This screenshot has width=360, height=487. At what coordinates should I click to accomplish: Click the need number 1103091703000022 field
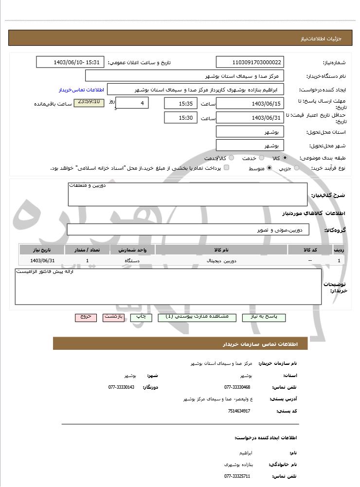tap(250, 62)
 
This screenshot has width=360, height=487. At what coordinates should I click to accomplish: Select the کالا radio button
tap(285, 158)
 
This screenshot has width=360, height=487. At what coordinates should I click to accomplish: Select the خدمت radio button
tap(261, 158)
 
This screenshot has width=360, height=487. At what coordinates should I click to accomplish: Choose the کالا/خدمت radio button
tap(231, 158)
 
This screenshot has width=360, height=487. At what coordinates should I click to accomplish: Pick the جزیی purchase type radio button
tap(297, 168)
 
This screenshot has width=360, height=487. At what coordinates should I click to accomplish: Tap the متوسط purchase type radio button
tap(269, 168)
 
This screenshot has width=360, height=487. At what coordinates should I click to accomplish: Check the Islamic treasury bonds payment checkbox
tap(226, 168)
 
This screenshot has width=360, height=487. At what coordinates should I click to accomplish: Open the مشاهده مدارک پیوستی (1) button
tap(197, 317)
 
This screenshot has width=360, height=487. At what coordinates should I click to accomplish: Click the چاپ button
tap(141, 317)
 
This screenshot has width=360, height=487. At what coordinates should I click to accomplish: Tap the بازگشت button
tap(114, 317)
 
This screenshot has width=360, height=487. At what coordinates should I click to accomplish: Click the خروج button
tap(86, 317)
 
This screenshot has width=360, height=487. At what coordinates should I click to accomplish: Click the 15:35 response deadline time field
tap(180, 104)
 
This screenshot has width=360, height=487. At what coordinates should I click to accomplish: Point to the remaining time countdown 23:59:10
tap(89, 102)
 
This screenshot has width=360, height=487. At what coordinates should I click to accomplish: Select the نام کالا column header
tap(221, 250)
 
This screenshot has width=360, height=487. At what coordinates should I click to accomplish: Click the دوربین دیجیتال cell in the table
tap(221, 261)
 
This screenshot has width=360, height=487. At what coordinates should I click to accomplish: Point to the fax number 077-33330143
tap(121, 387)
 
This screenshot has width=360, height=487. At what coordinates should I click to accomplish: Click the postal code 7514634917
tap(239, 411)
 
